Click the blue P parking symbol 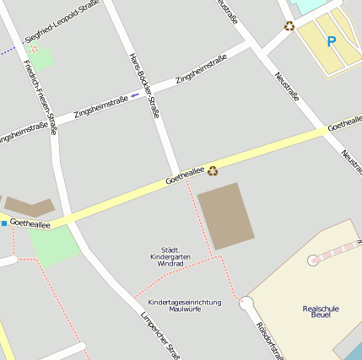tap(331, 40)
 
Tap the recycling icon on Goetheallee tap(213, 170)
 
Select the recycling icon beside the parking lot tap(289, 26)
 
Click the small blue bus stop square tap(4, 223)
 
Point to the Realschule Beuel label tap(320, 312)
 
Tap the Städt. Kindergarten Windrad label tap(170, 257)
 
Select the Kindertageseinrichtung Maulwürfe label tap(184, 305)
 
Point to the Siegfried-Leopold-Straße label tap(62, 22)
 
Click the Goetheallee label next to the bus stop tap(30, 224)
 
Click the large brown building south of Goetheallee tap(225, 215)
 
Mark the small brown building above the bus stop tap(30, 205)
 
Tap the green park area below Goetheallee tap(54, 245)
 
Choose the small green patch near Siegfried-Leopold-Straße tap(40, 58)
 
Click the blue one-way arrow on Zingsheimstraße tap(135, 94)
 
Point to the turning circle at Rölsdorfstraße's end tap(246, 303)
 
